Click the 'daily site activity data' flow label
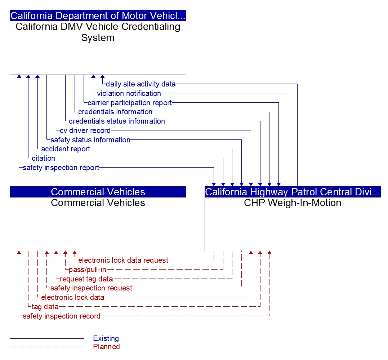(x=141, y=84)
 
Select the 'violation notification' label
(x=129, y=93)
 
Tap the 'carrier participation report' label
(x=130, y=103)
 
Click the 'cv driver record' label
(x=85, y=130)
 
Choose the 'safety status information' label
(x=90, y=140)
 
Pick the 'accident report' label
(x=66, y=149)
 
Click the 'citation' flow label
(x=43, y=158)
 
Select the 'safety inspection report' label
(x=61, y=168)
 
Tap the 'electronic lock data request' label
(x=123, y=260)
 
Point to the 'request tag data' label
(x=86, y=279)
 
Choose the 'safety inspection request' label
(x=91, y=288)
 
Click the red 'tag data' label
(x=45, y=307)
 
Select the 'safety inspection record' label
(x=61, y=316)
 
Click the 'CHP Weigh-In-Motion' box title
(x=293, y=203)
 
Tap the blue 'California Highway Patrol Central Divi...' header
(x=293, y=192)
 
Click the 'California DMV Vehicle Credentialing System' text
(x=98, y=32)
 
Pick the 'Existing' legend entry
(x=106, y=338)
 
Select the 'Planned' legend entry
(x=106, y=347)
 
